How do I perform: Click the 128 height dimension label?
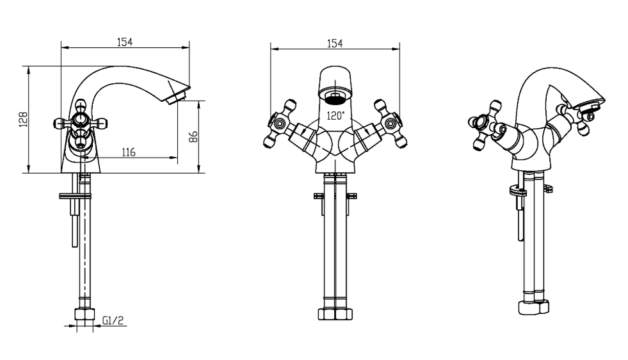click(x=24, y=119)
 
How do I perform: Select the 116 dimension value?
click(x=129, y=152)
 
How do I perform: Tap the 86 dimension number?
click(x=193, y=136)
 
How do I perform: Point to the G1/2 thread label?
click(x=113, y=320)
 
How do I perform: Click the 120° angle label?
click(x=335, y=116)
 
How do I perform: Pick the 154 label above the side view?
click(x=125, y=42)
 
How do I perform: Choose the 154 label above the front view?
click(x=335, y=44)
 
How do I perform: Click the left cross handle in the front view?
click(x=280, y=123)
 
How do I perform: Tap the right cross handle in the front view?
click(x=390, y=123)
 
